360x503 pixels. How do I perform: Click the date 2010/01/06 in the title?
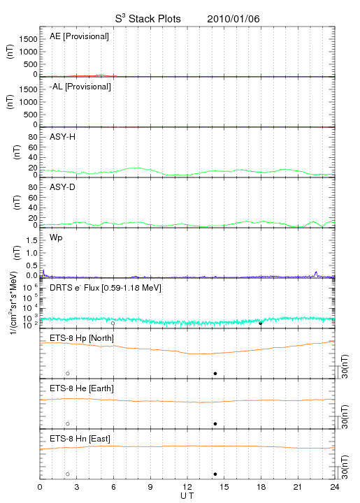click(233, 19)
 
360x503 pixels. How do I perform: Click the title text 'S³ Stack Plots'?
click(148, 18)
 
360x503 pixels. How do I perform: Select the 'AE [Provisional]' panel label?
click(79, 36)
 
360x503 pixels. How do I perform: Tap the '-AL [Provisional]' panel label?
click(80, 87)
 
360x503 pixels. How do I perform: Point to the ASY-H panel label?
click(63, 137)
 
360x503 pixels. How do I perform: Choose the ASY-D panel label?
click(63, 187)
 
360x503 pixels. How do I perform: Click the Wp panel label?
click(56, 238)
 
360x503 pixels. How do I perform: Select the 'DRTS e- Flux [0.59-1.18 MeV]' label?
click(106, 288)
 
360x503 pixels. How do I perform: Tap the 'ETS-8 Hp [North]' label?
click(82, 338)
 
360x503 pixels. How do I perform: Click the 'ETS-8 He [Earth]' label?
click(82, 388)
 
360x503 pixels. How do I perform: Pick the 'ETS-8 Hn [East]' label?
click(80, 439)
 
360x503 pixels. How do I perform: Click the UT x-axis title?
click(187, 496)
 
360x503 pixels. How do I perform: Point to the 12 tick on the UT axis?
click(187, 487)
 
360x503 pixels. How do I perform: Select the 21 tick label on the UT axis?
click(298, 487)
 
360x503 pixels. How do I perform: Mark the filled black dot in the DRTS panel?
click(261, 323)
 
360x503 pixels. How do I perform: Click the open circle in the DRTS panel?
click(113, 323)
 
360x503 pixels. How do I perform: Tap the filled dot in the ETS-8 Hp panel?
click(215, 373)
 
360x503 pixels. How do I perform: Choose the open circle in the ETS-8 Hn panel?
click(68, 474)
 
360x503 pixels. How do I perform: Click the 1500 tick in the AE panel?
click(28, 39)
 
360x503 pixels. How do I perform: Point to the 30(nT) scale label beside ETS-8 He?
click(345, 416)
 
